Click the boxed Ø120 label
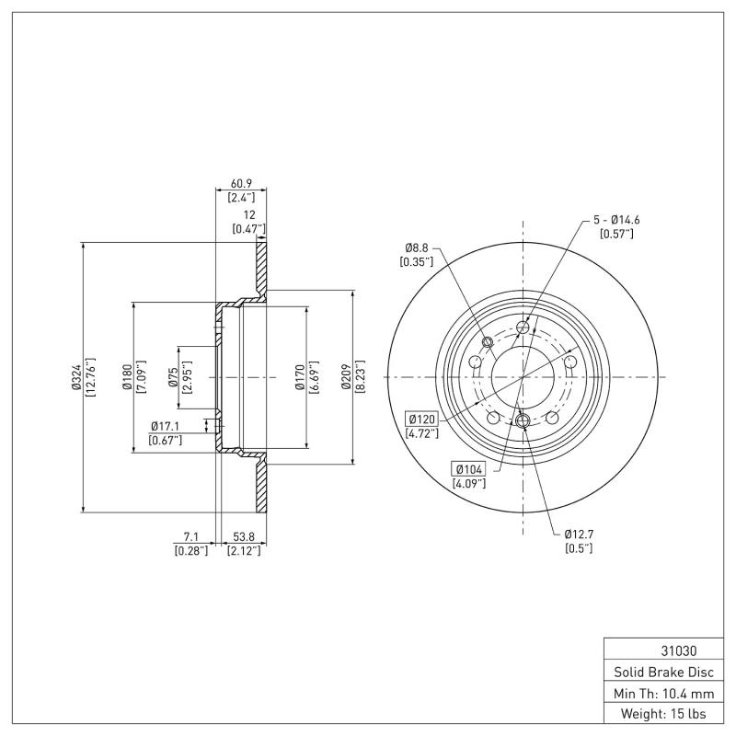point(420,420)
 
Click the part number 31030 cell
point(659,650)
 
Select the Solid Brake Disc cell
point(659,672)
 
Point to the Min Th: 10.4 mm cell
point(659,693)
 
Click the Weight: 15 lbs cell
point(659,714)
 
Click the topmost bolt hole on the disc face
point(523,328)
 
